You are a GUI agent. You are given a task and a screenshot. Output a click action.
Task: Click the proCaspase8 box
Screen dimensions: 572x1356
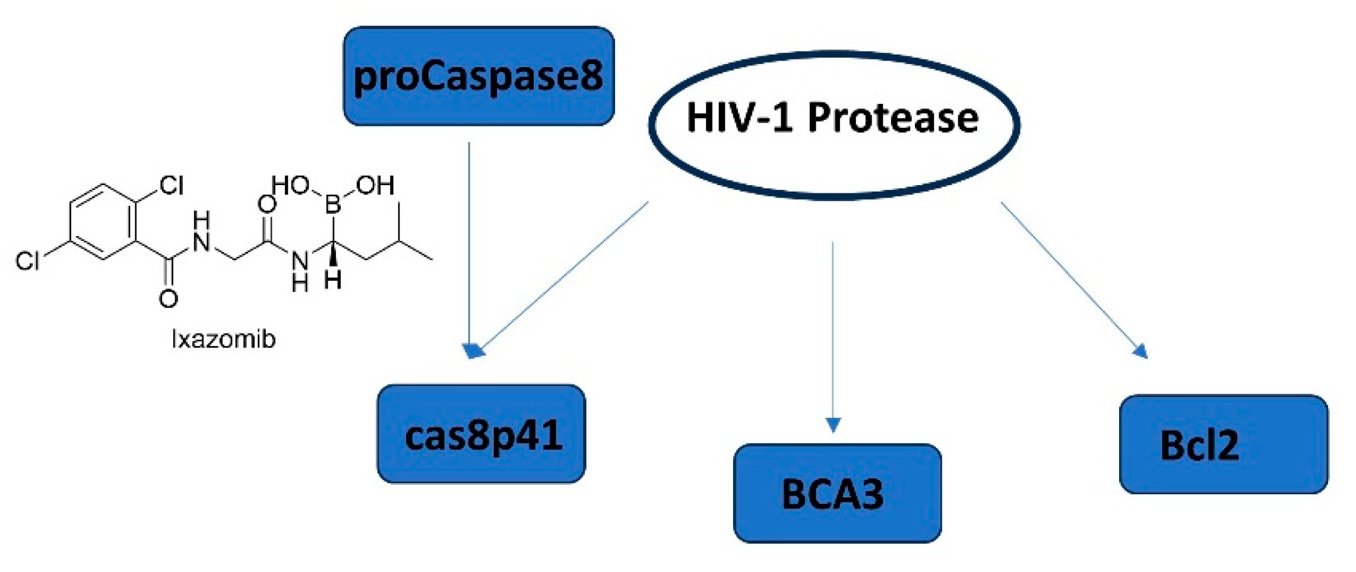coord(479,76)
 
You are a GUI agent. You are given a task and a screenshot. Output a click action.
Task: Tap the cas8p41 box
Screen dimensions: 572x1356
coord(481,434)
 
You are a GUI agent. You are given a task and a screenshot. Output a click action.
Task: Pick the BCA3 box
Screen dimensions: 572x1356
coord(837,492)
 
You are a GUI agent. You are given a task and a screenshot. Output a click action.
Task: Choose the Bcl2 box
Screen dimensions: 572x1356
coord(1223,444)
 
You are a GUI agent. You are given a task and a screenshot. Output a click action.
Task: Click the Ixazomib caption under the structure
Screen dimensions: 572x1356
coord(223,339)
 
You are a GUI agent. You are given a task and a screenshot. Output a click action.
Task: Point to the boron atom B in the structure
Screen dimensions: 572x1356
coord(332,205)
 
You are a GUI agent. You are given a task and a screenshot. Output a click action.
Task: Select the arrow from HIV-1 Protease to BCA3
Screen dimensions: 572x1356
coord(833,332)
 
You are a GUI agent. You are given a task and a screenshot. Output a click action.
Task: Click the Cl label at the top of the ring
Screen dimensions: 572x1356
coord(171,186)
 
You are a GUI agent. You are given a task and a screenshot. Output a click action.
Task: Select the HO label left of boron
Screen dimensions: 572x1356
coord(290,185)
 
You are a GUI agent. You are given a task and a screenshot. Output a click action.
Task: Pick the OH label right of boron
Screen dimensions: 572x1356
coord(375,186)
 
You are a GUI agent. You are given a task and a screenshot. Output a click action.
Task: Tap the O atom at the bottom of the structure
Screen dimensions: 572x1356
coord(168,298)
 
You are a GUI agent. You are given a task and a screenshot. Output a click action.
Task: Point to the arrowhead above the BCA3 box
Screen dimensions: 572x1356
coord(833,425)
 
